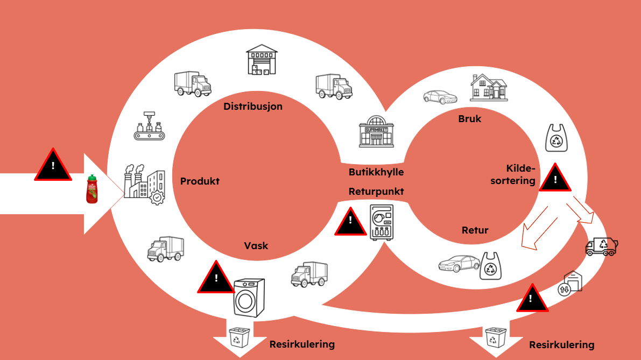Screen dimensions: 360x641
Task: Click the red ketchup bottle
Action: click(92, 189)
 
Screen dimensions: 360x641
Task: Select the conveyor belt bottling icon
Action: click(147, 127)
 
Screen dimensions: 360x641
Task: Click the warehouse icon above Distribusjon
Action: click(262, 59)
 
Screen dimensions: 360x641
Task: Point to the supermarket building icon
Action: click(376, 130)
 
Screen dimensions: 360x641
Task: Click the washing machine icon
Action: click(249, 296)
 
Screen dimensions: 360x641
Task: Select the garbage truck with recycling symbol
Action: click(601, 246)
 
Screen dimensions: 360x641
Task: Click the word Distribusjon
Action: click(253, 107)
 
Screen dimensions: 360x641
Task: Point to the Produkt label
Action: click(200, 181)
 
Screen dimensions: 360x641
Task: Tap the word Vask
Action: click(256, 246)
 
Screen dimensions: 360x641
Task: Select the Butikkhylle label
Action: click(376, 172)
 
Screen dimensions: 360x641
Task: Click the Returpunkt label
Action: click(376, 191)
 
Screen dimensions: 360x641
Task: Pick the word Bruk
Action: click(470, 118)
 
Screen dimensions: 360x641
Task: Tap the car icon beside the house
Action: click(440, 97)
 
